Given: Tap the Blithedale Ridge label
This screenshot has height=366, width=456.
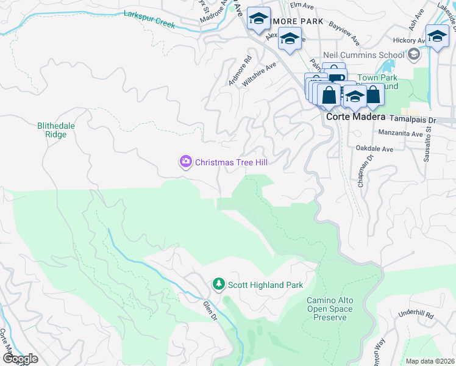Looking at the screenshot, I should [x=56, y=130].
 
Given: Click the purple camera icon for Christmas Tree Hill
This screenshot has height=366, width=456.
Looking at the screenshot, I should [x=185, y=162].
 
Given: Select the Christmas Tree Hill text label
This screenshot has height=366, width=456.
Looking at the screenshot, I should [x=231, y=162].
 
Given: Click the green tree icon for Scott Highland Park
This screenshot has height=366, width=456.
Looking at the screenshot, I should [x=219, y=284].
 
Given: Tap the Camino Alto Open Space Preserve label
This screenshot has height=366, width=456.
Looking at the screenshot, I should [x=330, y=309].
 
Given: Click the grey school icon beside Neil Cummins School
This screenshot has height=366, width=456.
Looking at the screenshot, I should [x=415, y=55].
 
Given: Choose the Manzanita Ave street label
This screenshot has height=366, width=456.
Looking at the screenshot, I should [x=400, y=134].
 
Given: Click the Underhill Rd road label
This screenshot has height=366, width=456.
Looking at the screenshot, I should [x=416, y=315].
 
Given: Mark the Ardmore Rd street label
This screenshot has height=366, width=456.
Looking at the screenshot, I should [x=238, y=71].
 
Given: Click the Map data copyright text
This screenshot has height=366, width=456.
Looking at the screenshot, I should [x=429, y=361].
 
